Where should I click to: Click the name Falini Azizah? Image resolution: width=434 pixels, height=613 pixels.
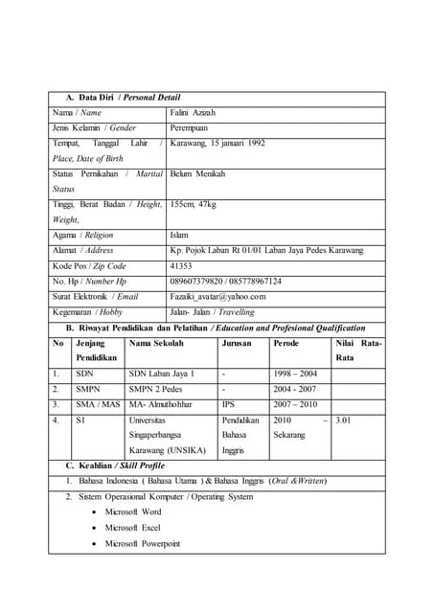(193, 112)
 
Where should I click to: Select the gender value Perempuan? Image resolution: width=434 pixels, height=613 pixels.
(190, 127)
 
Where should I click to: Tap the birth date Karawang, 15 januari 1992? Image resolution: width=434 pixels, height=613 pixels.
(217, 143)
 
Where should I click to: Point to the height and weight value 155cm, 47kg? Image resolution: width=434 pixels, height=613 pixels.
(193, 204)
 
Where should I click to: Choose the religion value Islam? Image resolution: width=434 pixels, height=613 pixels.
(179, 235)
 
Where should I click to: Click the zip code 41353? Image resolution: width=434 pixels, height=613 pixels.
(181, 265)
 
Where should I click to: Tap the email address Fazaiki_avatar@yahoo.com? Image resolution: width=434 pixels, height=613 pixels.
(217, 296)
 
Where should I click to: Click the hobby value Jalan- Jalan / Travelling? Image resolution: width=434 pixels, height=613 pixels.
(212, 311)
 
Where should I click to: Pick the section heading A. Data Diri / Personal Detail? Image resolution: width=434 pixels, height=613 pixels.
(123, 97)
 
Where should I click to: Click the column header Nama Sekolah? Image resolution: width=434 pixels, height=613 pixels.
(156, 342)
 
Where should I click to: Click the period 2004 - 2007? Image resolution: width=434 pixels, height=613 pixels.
(295, 389)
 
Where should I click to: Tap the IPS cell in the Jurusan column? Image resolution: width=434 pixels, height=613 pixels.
(228, 404)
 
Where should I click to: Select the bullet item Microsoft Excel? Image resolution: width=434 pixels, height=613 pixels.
(132, 528)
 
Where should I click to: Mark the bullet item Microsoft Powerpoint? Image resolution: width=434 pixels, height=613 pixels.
(142, 543)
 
